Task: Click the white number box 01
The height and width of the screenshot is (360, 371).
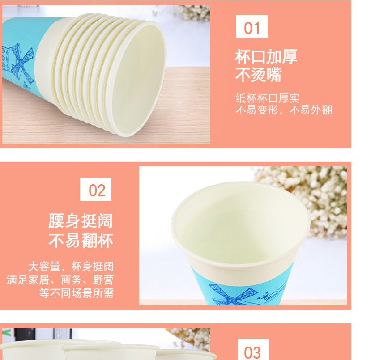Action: click(252, 27)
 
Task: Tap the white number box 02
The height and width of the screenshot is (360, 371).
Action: click(96, 189)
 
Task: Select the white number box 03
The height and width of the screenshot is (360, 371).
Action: click(253, 349)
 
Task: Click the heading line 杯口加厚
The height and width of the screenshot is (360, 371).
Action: click(266, 57)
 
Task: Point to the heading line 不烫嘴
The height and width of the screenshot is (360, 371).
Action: click(258, 74)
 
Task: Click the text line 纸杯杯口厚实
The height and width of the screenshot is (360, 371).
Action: click(268, 98)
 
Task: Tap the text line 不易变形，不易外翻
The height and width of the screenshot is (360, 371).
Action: click(284, 110)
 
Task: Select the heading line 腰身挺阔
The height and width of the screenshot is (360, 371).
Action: click(81, 221)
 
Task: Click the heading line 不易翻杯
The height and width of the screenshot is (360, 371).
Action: click(81, 241)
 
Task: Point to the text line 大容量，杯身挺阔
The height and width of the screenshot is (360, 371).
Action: click(71, 267)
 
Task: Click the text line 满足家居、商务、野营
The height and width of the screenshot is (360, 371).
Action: click(60, 280)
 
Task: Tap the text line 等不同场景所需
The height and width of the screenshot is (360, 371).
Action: click(77, 293)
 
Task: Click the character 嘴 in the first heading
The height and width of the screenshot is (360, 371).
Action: click(274, 74)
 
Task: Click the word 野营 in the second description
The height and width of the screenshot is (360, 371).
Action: click(103, 280)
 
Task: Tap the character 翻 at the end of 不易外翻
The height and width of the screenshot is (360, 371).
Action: click(327, 110)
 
